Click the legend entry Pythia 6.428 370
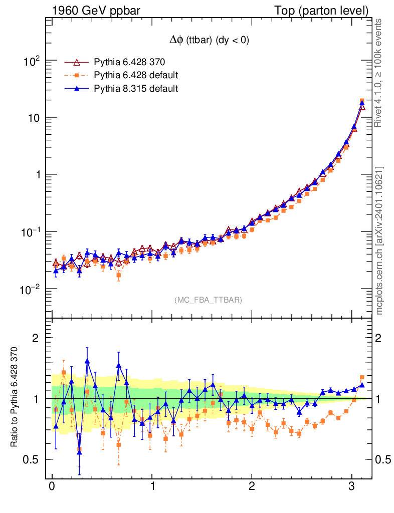point(129,62)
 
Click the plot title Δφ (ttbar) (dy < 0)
point(209,41)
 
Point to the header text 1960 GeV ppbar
point(90,10)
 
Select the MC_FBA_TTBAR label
point(209,300)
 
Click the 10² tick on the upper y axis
point(31,61)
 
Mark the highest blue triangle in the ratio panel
point(87,361)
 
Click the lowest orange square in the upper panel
point(119,275)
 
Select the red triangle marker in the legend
point(77,62)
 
